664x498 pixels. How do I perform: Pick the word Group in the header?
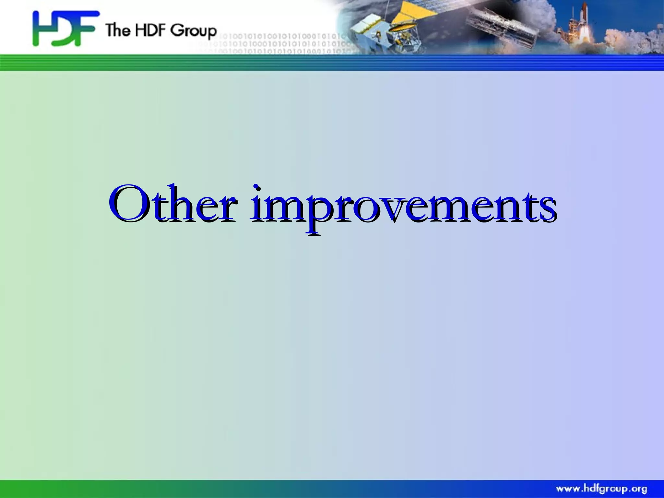[194, 31]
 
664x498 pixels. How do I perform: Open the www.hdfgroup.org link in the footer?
[601, 489]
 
